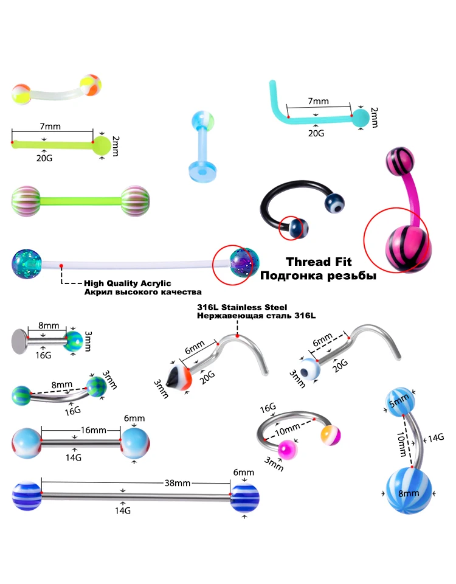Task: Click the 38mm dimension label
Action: click(178, 483)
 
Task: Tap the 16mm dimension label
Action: click(94, 430)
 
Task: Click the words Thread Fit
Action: click(319, 262)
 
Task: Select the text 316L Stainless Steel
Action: click(242, 307)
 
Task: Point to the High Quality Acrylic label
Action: click(127, 283)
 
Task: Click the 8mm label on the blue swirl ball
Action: click(409, 493)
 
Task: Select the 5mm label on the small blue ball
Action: click(399, 401)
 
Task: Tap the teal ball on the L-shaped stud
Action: click(361, 117)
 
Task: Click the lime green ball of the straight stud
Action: click(102, 145)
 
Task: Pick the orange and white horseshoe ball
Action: click(331, 435)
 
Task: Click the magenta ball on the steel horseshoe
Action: click(288, 450)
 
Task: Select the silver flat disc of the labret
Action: click(19, 341)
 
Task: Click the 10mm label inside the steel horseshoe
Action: click(288, 429)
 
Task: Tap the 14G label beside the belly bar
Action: click(436, 437)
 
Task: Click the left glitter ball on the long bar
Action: click(26, 264)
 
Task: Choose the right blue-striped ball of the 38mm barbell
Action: click(244, 498)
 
